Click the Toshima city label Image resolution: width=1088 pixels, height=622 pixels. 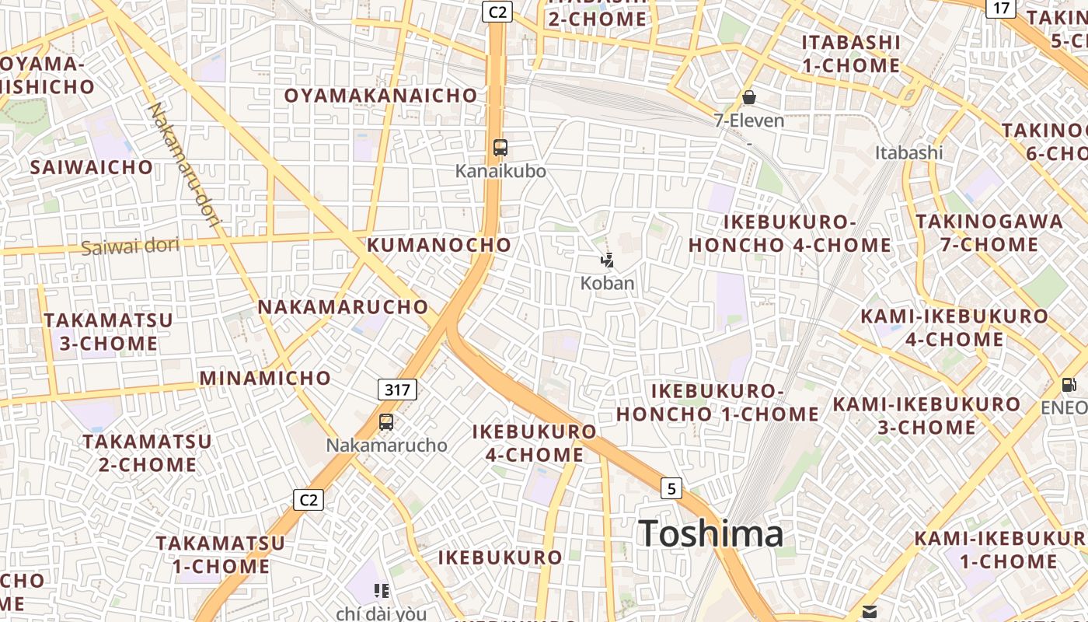tap(710, 534)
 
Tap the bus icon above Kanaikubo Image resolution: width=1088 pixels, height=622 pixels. tap(500, 148)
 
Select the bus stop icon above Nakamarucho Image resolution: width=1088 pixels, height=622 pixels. tap(386, 422)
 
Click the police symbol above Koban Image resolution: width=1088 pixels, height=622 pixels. tap(608, 260)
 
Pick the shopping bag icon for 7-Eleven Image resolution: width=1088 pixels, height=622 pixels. tap(749, 97)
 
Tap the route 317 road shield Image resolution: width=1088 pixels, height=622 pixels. tap(397, 390)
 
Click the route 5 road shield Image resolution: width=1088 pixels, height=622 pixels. tap(671, 488)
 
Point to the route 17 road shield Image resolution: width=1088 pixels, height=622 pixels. tap(1001, 9)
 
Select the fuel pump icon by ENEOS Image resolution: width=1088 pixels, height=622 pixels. tap(1069, 384)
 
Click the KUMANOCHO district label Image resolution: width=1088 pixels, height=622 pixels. tap(439, 245)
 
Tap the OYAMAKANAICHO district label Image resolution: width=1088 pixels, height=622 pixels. tap(381, 96)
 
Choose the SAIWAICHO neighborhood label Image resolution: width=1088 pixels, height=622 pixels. tap(92, 167)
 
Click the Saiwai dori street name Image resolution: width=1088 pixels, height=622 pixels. tap(130, 247)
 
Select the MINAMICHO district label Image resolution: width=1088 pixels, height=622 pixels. tap(266, 379)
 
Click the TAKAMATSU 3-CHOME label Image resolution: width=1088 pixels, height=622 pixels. tap(109, 332)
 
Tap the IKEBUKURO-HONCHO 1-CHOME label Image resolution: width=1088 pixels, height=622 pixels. tap(717, 402)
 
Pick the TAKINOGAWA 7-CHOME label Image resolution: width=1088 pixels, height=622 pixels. tap(989, 232)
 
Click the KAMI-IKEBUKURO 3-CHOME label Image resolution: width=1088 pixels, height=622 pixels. tap(926, 416)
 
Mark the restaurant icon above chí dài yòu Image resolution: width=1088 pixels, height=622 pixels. tap(381, 591)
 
